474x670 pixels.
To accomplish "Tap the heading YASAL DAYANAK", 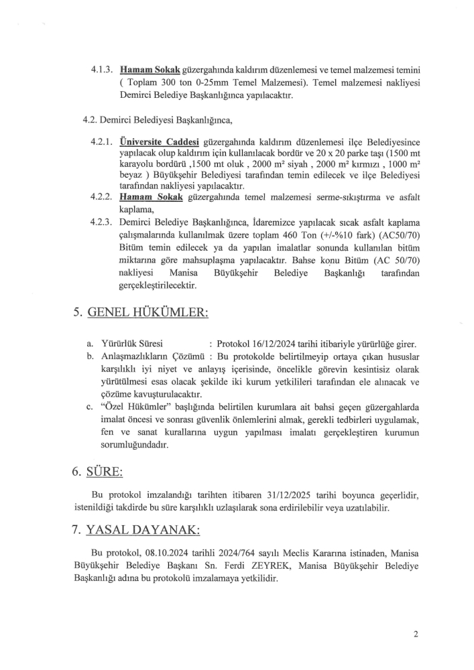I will click(x=142, y=530).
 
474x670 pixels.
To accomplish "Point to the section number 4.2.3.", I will click(x=102, y=222).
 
